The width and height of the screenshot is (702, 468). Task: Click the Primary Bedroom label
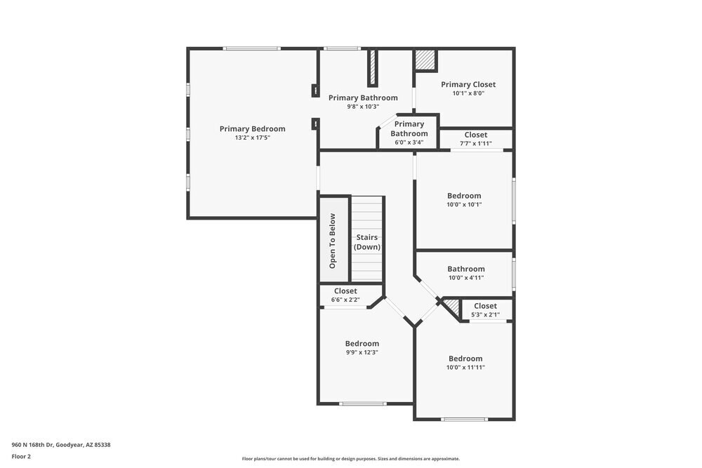pos(252,128)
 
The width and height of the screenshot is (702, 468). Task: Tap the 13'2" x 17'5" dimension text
pos(252,138)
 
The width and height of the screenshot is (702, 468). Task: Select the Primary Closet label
pos(468,84)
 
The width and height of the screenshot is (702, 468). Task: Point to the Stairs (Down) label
pos(366,242)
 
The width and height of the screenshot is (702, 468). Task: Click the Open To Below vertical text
pos(333,241)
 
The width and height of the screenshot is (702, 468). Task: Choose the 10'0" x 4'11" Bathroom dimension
pos(466,277)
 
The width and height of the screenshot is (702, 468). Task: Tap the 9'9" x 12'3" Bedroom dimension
pos(362,352)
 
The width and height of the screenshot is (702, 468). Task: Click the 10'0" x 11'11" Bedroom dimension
pos(465,367)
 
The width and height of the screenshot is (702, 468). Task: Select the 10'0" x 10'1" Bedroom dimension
pos(465,204)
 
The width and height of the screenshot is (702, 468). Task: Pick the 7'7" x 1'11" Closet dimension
pos(475,143)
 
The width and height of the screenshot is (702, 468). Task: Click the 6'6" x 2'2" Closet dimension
pos(345,300)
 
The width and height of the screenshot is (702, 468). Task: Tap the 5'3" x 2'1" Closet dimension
pos(485,314)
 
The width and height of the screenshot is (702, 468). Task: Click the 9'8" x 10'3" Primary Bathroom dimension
pos(363,107)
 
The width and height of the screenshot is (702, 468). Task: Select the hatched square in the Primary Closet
pos(425,60)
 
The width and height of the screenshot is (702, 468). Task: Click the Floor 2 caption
pos(21,456)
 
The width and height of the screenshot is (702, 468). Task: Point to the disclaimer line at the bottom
pos(351,458)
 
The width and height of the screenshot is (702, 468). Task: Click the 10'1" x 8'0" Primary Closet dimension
pos(468,93)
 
